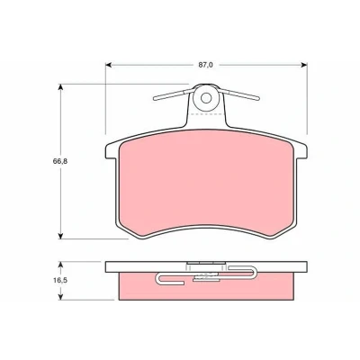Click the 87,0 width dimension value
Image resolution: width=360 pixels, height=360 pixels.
click(205, 65)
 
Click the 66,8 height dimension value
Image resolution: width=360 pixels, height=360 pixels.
click(60, 161)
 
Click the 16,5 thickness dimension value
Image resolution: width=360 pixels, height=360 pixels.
click(60, 280)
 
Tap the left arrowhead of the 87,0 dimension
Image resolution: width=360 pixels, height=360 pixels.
click(109, 65)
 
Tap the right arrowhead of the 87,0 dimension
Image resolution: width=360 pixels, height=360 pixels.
click(304, 65)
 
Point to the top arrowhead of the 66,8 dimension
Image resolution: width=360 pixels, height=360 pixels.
click(60, 87)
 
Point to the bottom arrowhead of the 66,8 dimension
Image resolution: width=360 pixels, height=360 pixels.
click(60, 236)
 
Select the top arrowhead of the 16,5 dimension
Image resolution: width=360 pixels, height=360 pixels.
click(60, 265)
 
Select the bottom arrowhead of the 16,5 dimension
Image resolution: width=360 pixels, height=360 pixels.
click(60, 297)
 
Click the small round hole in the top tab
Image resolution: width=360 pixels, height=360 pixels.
click(206, 98)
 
